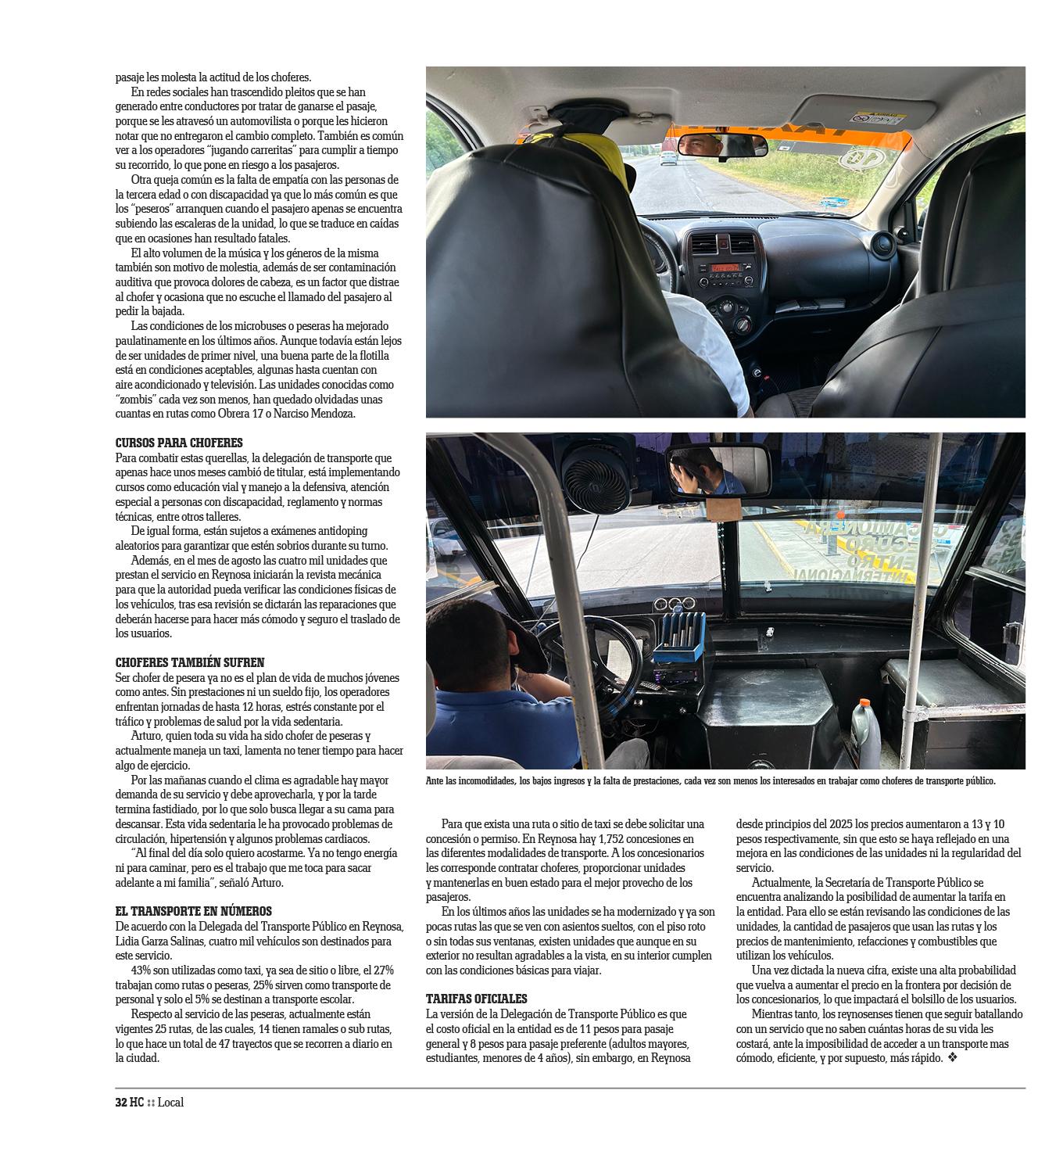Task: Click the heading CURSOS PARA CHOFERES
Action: point(179,443)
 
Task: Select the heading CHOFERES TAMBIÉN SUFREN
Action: point(190,662)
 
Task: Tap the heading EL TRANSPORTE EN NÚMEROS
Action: point(194,911)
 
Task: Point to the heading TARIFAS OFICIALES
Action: point(477,999)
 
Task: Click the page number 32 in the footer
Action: point(121,1103)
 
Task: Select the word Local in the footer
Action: point(170,1103)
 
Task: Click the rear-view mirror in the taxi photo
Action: point(721,145)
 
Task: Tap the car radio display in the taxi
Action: point(725,268)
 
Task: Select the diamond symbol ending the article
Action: point(953,1058)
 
